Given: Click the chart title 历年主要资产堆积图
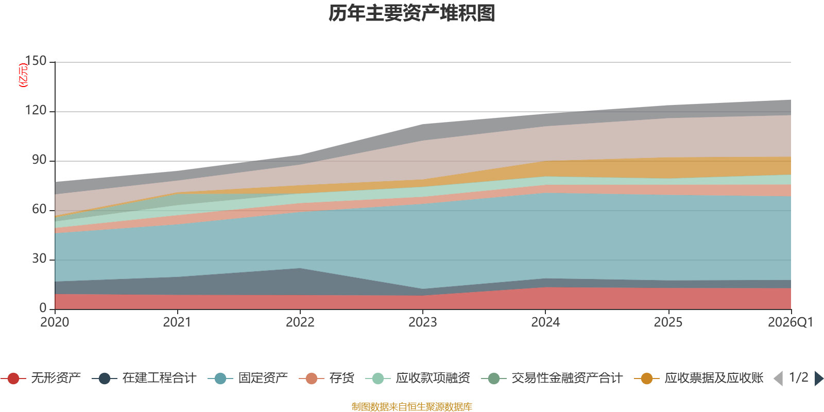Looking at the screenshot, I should click(412, 13).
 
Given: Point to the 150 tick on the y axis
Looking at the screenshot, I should click(36, 61).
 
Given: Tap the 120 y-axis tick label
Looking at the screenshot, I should click(36, 111).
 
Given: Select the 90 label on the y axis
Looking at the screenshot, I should click(39, 160).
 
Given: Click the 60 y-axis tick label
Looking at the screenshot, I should click(39, 210).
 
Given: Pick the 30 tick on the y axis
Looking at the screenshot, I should click(39, 259).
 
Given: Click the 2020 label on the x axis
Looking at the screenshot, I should click(55, 322).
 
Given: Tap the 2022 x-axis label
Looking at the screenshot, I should click(300, 322).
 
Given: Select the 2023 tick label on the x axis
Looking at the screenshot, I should click(422, 322).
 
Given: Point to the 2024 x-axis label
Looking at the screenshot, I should click(545, 322).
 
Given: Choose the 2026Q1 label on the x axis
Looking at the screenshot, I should click(790, 322).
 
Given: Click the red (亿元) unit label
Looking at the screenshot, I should click(23, 75).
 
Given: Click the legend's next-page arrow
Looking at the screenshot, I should click(818, 379).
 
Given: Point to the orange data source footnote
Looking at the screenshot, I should click(412, 407).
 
